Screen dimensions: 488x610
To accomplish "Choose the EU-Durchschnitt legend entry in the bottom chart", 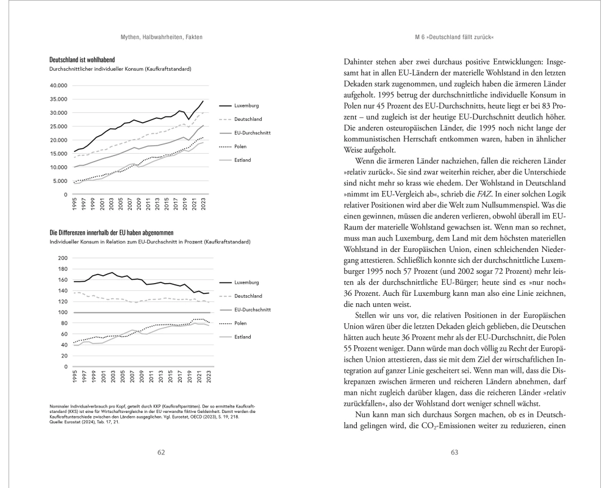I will point(252,310).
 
